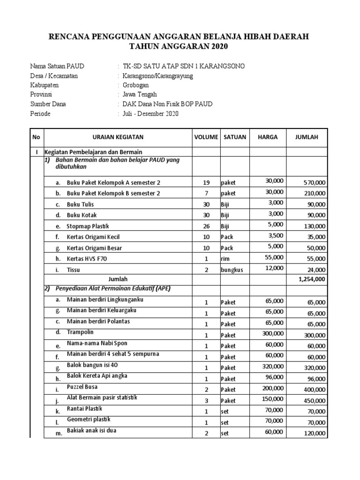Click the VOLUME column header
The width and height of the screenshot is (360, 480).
point(206,137)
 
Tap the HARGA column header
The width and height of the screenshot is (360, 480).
point(268,137)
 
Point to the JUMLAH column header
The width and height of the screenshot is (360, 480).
point(306,137)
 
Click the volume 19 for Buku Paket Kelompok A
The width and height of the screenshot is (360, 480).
point(206,182)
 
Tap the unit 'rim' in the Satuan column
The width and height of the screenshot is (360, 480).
point(225,258)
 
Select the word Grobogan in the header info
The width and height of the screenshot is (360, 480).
point(136,85)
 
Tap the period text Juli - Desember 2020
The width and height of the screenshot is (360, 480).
point(150,113)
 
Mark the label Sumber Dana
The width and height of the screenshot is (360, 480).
point(48,104)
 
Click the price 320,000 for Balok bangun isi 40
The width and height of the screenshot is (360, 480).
point(272,367)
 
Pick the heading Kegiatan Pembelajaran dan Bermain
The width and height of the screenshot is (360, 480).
point(93,152)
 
